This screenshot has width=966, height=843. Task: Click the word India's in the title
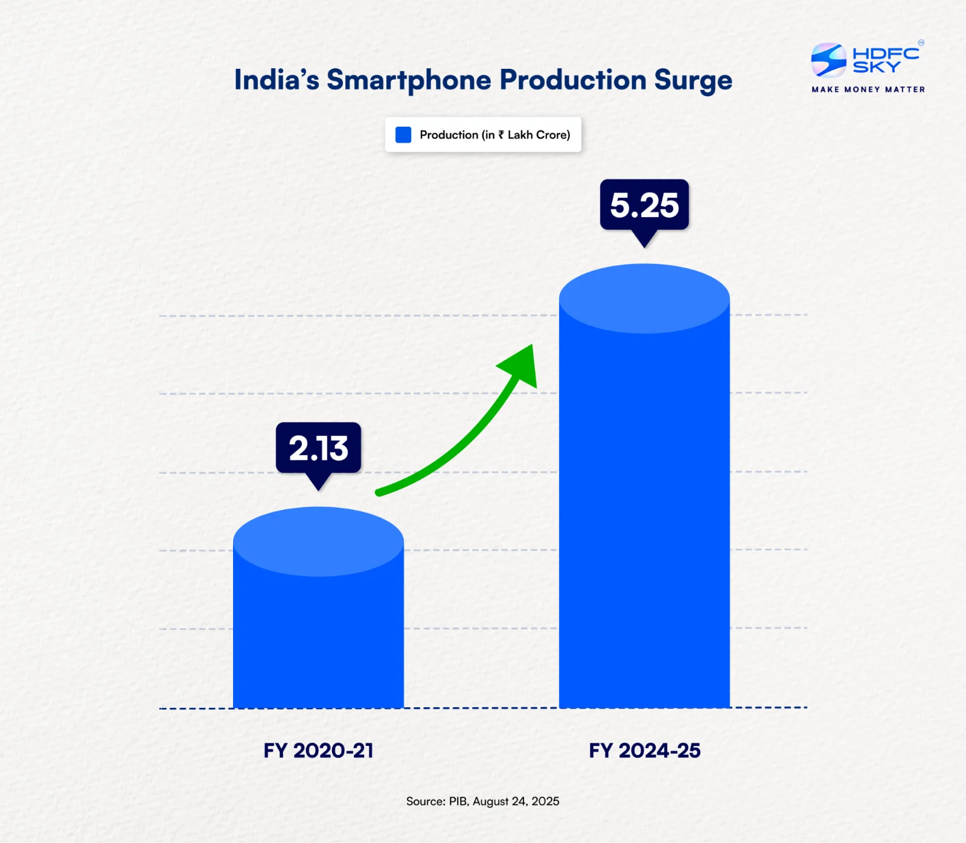277,80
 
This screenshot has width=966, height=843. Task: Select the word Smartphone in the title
409,80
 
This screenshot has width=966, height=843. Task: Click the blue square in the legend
403,135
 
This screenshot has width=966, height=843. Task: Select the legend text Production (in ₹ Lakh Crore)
494,135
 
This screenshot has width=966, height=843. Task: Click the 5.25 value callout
644,205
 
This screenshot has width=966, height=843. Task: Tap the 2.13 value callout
318,448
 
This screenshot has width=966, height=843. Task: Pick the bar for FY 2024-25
644,513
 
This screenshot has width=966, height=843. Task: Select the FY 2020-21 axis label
318,750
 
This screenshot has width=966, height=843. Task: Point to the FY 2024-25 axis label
644,750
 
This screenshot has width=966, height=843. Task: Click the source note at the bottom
482,801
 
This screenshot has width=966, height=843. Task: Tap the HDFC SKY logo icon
828,60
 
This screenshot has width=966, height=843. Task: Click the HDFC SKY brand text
885,60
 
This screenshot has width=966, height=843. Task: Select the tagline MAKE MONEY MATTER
868,89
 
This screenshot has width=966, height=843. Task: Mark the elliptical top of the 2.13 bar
318,541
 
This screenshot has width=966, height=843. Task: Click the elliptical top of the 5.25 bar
644,298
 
